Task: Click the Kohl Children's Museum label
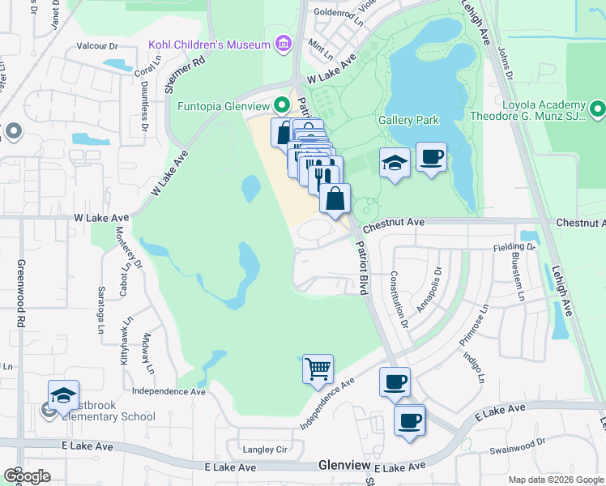click(208, 45)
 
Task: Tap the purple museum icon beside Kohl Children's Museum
click(283, 44)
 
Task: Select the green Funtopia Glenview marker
click(282, 104)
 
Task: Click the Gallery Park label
click(408, 120)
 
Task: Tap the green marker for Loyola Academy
click(598, 108)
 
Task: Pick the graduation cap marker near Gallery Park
click(395, 163)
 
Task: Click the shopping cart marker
click(318, 369)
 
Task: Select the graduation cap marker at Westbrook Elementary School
click(63, 395)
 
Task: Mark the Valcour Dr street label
click(98, 46)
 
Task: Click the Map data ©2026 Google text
click(555, 480)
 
